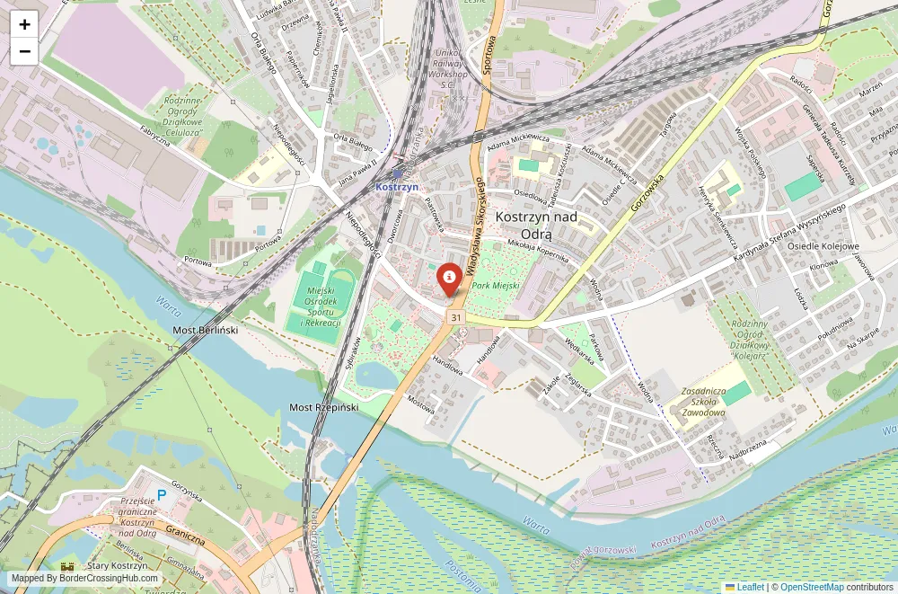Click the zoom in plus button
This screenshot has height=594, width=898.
point(24,24)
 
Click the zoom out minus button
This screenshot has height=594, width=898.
point(24,51)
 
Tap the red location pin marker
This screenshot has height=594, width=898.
point(449,279)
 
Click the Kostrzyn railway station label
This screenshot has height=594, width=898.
point(397,186)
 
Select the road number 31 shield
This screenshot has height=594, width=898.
point(457,318)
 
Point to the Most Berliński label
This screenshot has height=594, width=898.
point(205,331)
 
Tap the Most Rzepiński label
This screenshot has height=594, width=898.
point(323,407)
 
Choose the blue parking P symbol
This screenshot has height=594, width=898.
point(162,494)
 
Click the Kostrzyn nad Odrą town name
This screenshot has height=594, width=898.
point(537,225)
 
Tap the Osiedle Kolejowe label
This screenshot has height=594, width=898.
point(823,246)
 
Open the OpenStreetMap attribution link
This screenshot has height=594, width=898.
point(811,587)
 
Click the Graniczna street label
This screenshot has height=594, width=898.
point(185,536)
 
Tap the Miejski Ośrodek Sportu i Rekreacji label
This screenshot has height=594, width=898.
point(321,306)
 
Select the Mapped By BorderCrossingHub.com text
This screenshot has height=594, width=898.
point(85,579)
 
